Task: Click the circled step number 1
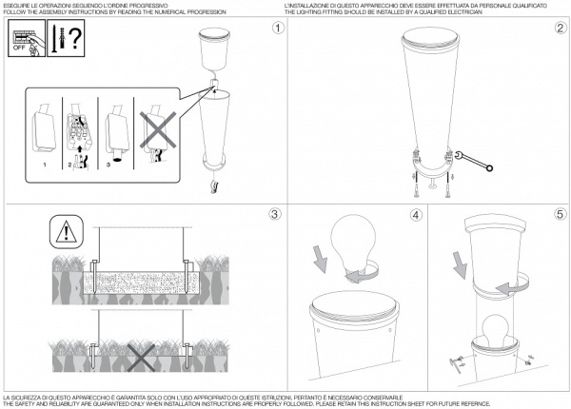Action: [277, 29]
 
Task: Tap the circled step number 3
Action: [277, 213]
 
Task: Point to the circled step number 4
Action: [416, 214]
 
